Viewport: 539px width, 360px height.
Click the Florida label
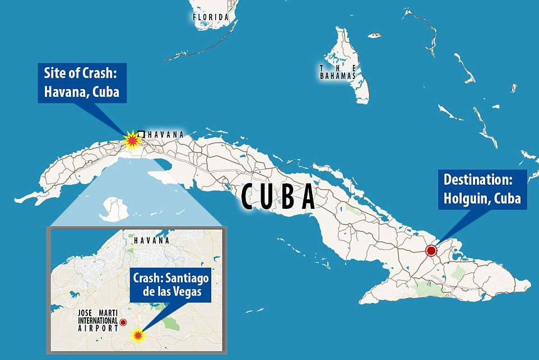point(211,17)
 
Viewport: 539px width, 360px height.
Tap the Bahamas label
point(338,72)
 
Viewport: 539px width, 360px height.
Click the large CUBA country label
point(278,197)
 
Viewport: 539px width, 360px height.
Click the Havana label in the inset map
point(151,240)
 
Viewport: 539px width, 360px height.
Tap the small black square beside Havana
point(141,134)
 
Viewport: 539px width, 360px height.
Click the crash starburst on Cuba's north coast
point(131,139)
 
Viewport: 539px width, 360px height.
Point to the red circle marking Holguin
point(431,250)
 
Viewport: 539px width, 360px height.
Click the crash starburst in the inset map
point(138,335)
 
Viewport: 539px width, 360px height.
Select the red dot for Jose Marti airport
point(123,322)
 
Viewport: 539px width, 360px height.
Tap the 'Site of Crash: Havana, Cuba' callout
point(82,82)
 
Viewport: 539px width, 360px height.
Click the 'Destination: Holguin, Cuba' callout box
point(482,189)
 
